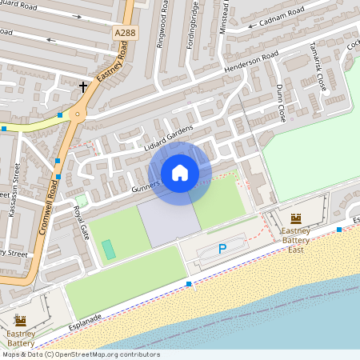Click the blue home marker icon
tap(180, 173)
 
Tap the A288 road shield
tap(124, 32)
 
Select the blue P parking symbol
tap(222, 250)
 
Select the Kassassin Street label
tap(14, 192)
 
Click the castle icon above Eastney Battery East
tap(295, 218)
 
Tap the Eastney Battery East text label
tap(295, 240)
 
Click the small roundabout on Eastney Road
tap(77, 115)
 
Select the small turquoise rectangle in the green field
tap(108, 249)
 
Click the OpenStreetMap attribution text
tap(81, 354)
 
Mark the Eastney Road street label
tap(107, 77)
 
